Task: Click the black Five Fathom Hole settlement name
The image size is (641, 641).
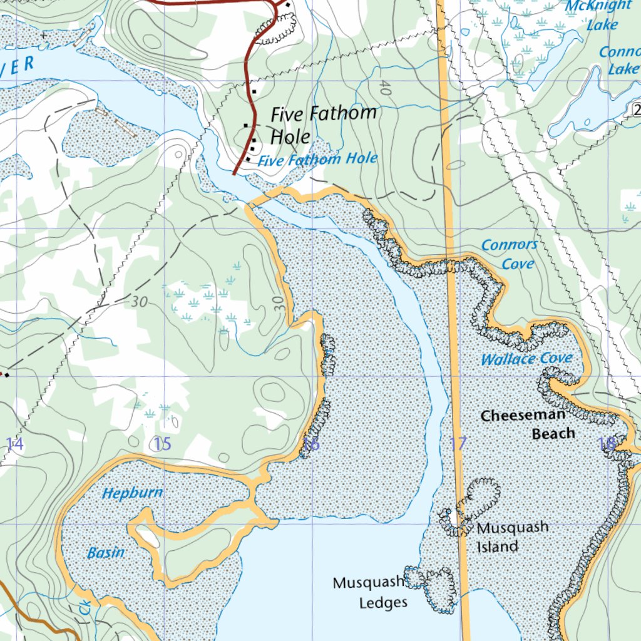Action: coord(323,125)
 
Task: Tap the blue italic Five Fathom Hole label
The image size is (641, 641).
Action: coord(317,160)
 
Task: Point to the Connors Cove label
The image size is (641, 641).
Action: coord(510,254)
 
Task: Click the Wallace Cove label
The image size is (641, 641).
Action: coord(526,359)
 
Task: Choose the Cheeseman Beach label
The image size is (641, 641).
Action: coord(523,424)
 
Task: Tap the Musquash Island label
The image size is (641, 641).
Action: coord(512,536)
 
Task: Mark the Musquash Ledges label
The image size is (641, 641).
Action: coord(369,592)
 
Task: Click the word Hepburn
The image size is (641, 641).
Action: coord(132,493)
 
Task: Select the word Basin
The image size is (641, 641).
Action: coord(106,553)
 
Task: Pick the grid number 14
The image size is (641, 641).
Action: coord(14,444)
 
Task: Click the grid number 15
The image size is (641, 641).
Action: coord(162,444)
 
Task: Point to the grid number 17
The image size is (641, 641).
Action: coord(458,444)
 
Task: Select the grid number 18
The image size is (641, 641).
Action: coord(606,444)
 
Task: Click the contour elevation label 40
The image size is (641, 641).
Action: coord(385,90)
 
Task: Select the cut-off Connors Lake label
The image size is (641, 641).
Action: coord(620,60)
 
